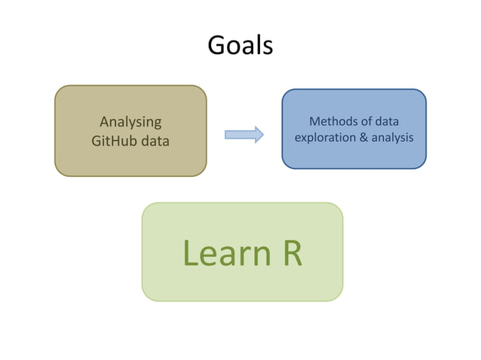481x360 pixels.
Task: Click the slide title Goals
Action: click(x=240, y=47)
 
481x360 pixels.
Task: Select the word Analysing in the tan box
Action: click(x=130, y=122)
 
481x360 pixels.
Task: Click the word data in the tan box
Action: click(x=155, y=140)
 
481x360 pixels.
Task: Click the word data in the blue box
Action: click(x=388, y=122)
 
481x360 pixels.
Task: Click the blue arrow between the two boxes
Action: click(x=243, y=135)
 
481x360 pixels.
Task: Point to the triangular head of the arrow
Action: click(x=257, y=135)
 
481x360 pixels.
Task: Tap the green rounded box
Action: click(x=242, y=286)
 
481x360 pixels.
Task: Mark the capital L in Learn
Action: click(x=189, y=254)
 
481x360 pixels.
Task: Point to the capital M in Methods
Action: click(x=314, y=122)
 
